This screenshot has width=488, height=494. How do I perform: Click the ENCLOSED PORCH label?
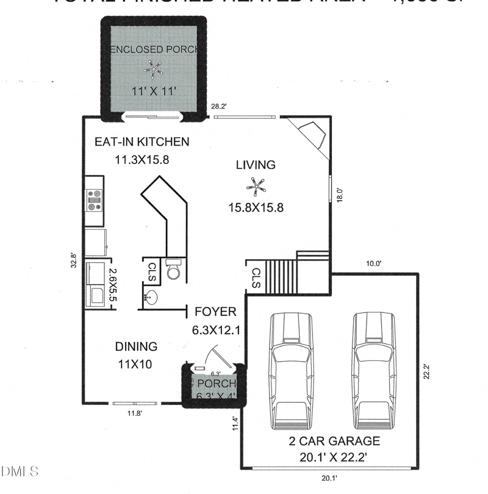(x=152, y=49)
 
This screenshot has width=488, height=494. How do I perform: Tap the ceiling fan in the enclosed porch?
(x=152, y=68)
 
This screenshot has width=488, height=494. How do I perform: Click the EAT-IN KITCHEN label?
(x=142, y=142)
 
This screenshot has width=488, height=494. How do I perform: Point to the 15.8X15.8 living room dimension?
(x=256, y=208)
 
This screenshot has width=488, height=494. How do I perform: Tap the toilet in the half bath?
(x=174, y=270)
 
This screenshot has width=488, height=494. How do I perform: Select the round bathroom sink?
(x=151, y=298)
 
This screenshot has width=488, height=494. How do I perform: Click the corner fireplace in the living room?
(x=313, y=132)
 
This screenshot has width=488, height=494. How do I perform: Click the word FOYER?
(x=215, y=312)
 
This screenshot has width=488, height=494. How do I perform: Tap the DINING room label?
(x=136, y=346)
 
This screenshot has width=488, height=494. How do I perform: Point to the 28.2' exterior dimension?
(x=219, y=107)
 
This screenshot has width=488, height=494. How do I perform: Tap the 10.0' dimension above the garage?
(x=373, y=264)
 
